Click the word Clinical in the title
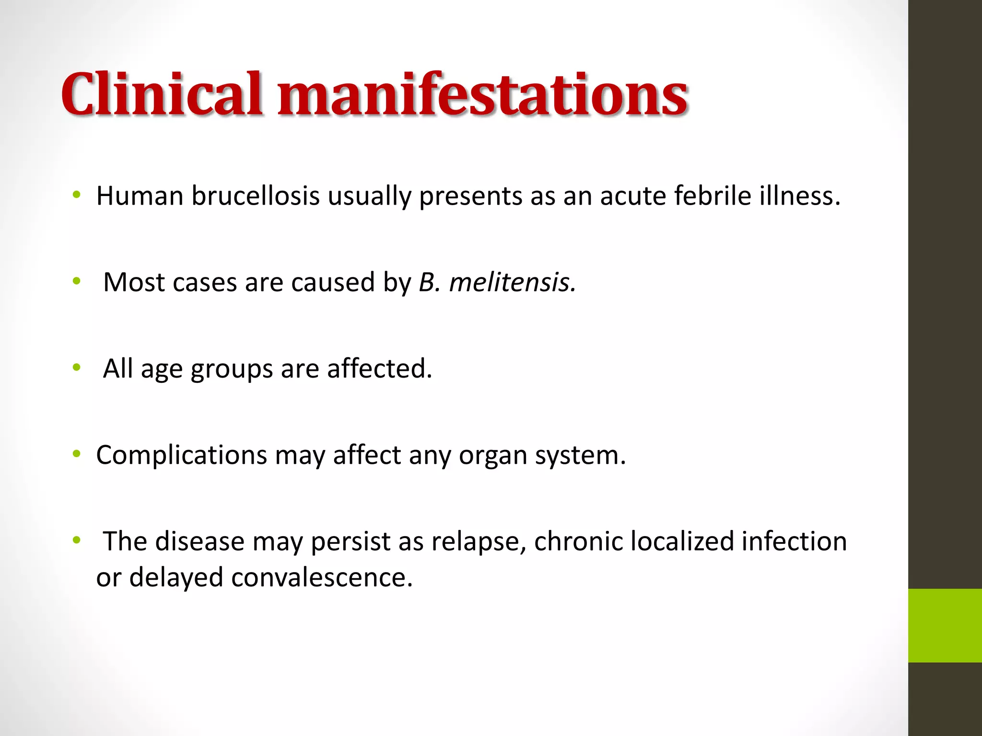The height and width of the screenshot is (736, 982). coord(162,94)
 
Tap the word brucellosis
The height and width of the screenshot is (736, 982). coord(256,196)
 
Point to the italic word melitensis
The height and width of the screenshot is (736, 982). coord(512,282)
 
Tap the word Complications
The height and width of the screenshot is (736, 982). coord(181,455)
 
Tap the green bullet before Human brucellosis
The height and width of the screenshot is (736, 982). coord(76,195)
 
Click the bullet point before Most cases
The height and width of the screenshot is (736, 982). coord(76,281)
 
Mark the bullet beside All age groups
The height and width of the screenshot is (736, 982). coord(76,368)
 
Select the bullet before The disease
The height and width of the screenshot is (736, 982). coord(76,540)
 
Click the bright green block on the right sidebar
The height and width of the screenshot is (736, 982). coord(945,625)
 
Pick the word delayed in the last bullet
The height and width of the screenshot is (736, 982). coord(176,577)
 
